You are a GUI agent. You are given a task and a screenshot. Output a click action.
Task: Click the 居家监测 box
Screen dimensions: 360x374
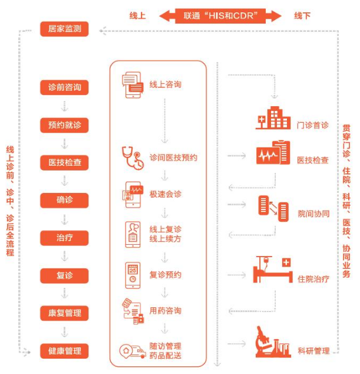point(64,29)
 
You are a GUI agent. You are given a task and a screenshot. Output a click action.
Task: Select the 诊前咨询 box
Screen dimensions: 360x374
point(64,87)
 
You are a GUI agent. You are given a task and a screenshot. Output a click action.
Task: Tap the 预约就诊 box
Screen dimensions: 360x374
point(64,125)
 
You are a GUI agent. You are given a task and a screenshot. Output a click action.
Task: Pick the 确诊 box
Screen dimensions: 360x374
point(64,201)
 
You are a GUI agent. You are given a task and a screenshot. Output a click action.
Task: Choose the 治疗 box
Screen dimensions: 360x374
point(64,238)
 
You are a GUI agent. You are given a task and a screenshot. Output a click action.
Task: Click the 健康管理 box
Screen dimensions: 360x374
point(64,351)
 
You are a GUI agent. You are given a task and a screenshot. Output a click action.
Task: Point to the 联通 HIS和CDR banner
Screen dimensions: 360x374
point(220,16)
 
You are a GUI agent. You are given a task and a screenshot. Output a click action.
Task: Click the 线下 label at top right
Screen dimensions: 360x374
point(302,16)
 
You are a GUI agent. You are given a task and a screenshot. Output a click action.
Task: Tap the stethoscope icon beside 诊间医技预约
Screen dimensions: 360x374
point(133,158)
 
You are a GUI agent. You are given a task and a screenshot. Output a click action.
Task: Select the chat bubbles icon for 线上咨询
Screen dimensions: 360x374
point(133,85)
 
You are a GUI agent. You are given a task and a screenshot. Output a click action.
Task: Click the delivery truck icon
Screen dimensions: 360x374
point(133,351)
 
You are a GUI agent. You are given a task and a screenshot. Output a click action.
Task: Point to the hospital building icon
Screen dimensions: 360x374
point(273,118)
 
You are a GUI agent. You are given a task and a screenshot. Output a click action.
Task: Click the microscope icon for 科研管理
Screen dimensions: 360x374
point(273,342)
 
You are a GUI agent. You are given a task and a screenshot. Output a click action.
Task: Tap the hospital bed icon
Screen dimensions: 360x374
point(273,269)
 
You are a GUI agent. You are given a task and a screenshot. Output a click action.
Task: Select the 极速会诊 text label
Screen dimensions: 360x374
point(166,195)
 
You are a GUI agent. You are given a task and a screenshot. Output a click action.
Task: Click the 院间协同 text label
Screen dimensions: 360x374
point(313,214)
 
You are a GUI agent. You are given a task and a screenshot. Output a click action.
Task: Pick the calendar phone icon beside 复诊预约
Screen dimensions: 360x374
point(133,275)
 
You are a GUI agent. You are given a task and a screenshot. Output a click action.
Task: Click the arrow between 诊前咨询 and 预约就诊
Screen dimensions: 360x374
point(64,106)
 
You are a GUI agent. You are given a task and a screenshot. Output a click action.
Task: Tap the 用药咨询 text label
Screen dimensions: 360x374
point(166,311)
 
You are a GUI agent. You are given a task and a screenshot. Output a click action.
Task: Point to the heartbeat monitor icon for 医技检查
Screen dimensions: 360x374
point(273,153)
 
